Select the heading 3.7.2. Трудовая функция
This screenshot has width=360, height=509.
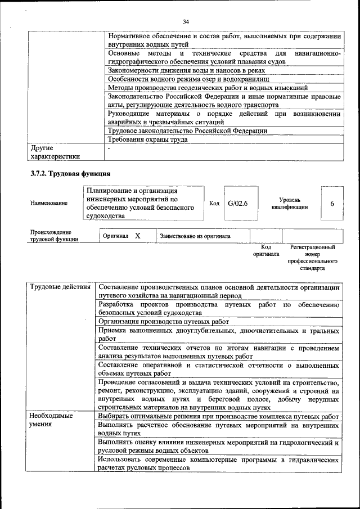point(70,173)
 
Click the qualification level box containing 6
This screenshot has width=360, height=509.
point(331,203)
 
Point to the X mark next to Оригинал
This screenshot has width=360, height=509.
point(137,236)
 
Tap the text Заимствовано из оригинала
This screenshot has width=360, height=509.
point(195,236)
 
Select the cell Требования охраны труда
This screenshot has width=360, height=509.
point(147,139)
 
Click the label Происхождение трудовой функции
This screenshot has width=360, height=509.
point(54,236)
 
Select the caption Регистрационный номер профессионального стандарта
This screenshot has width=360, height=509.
point(312,258)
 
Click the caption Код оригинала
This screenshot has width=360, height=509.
point(266,250)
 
